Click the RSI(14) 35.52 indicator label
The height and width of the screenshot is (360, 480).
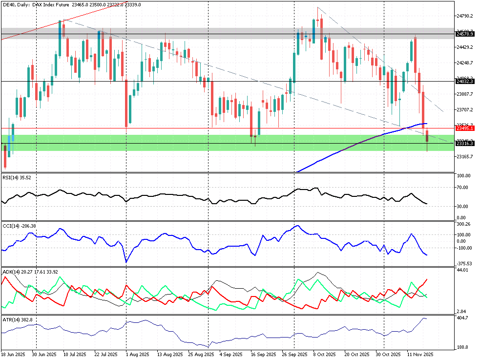pos(17,178)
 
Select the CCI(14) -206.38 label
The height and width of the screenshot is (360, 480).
pos(20,226)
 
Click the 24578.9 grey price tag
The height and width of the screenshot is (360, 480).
pos(464,34)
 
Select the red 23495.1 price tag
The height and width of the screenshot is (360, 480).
pos(464,128)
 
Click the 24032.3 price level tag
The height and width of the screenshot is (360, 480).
pos(464,82)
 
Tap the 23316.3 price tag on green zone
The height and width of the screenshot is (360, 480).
pos(464,144)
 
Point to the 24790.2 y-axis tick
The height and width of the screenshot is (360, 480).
pos(464,16)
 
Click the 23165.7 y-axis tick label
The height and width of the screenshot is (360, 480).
pos(464,156)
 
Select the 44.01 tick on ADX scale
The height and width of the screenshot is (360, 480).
pos(461,270)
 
